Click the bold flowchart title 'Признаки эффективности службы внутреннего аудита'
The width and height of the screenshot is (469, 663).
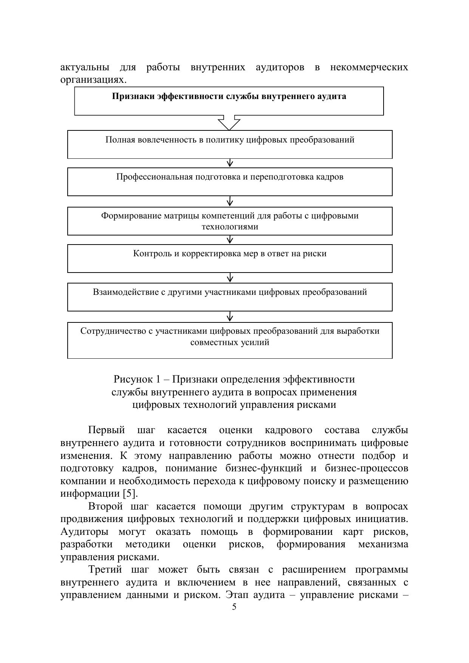click(229, 96)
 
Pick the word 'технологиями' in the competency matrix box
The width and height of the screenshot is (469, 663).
click(230, 227)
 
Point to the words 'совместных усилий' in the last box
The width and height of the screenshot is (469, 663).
click(230, 342)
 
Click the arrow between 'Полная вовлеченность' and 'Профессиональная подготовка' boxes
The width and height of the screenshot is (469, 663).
click(230, 163)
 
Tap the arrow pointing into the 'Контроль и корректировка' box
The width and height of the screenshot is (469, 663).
click(230, 240)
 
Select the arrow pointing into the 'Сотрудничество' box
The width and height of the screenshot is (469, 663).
click(230, 317)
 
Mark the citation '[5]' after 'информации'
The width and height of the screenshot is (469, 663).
click(130, 494)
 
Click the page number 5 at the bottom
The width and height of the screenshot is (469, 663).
click(234, 607)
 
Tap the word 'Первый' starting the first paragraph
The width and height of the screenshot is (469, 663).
click(106, 430)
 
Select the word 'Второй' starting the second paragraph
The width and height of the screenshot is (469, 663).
click(105, 507)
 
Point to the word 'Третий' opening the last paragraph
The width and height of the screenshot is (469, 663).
click(105, 570)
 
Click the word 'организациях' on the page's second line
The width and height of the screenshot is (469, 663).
click(92, 80)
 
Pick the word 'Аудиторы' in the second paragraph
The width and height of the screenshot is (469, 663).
click(84, 532)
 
